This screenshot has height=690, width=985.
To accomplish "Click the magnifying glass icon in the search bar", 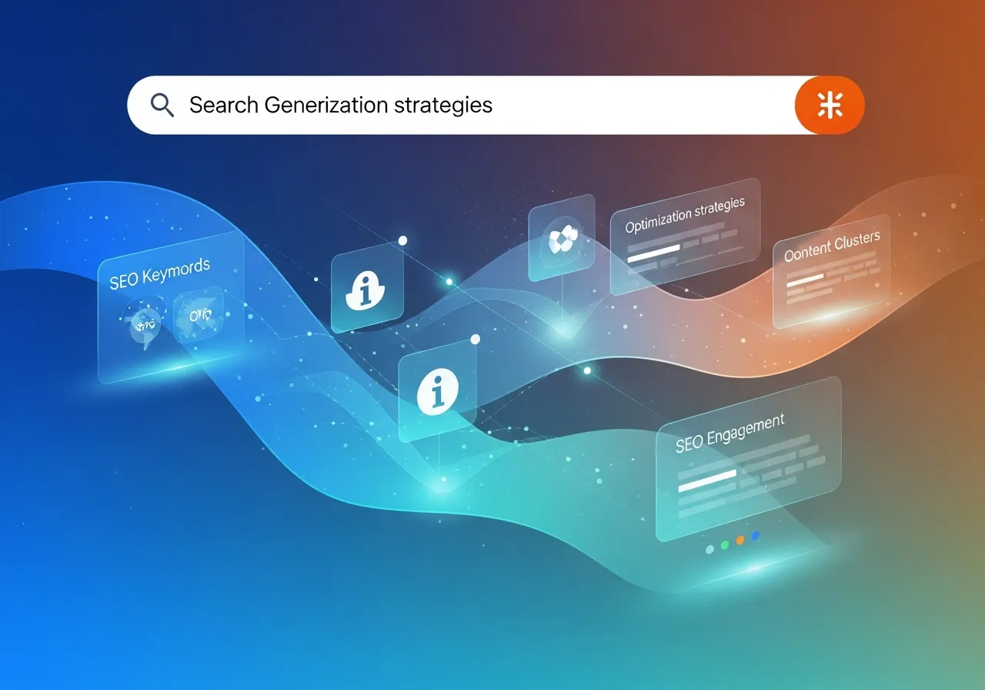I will pos(162,105).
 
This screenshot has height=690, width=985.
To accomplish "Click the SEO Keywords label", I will pos(159,274).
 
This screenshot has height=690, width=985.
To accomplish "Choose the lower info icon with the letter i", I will pos(436,392).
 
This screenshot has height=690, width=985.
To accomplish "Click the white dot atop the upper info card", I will pos(402,241).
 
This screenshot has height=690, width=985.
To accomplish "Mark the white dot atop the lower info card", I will pos(475,339).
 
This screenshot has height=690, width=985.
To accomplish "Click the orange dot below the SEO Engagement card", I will pos(740,541).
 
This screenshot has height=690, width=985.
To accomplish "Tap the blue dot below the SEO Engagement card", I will pos(756,535).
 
